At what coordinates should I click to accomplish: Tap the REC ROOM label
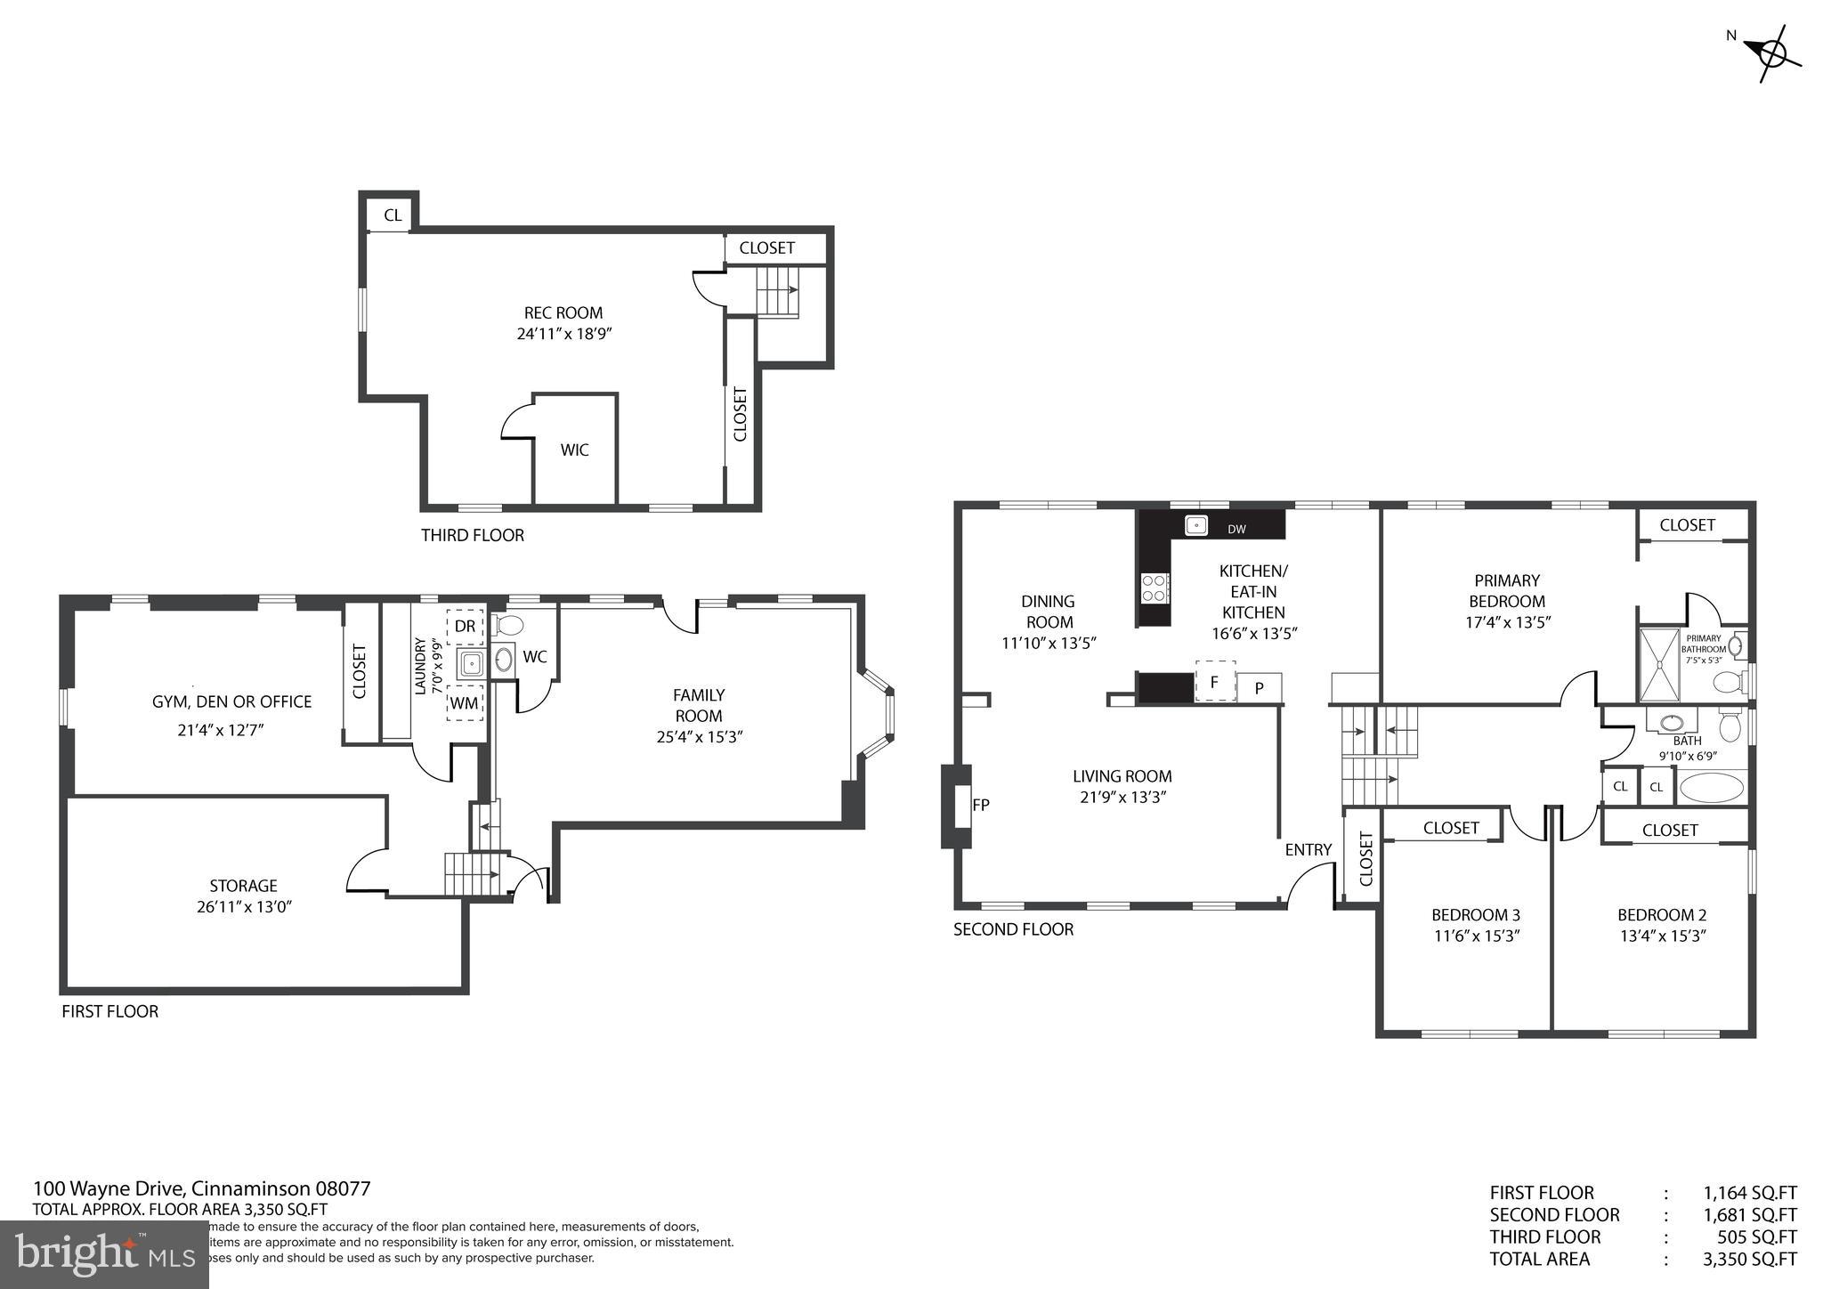[x=563, y=312]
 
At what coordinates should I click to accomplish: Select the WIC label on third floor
[x=574, y=450]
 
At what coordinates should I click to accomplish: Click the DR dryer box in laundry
[x=465, y=626]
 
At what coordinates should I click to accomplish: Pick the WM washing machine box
[x=464, y=702]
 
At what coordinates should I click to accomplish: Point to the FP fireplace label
[x=981, y=805]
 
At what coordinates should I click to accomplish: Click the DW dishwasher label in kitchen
[x=1236, y=529]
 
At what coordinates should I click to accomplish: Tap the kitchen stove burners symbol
[x=1155, y=587]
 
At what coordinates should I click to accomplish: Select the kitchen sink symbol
[x=1195, y=525]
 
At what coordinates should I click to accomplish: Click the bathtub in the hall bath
[x=1711, y=788]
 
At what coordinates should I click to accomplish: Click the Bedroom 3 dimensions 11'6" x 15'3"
[x=1475, y=936]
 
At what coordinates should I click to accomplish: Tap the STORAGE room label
[x=243, y=885]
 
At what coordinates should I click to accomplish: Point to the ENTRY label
[x=1308, y=849]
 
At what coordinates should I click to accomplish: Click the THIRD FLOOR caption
[x=472, y=535]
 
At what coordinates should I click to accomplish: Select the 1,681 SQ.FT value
[x=1749, y=1214]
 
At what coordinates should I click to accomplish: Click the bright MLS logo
[x=104, y=1254]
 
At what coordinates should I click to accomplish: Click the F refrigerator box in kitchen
[x=1214, y=682]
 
